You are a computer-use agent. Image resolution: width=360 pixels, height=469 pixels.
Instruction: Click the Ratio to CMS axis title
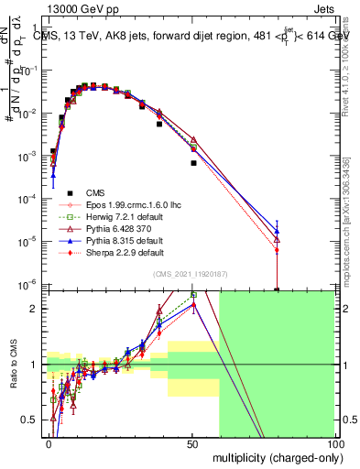click(x=13, y=365)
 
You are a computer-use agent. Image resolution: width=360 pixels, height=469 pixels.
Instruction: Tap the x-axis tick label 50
click(x=192, y=443)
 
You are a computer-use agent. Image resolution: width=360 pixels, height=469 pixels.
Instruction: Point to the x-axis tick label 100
click(x=334, y=443)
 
